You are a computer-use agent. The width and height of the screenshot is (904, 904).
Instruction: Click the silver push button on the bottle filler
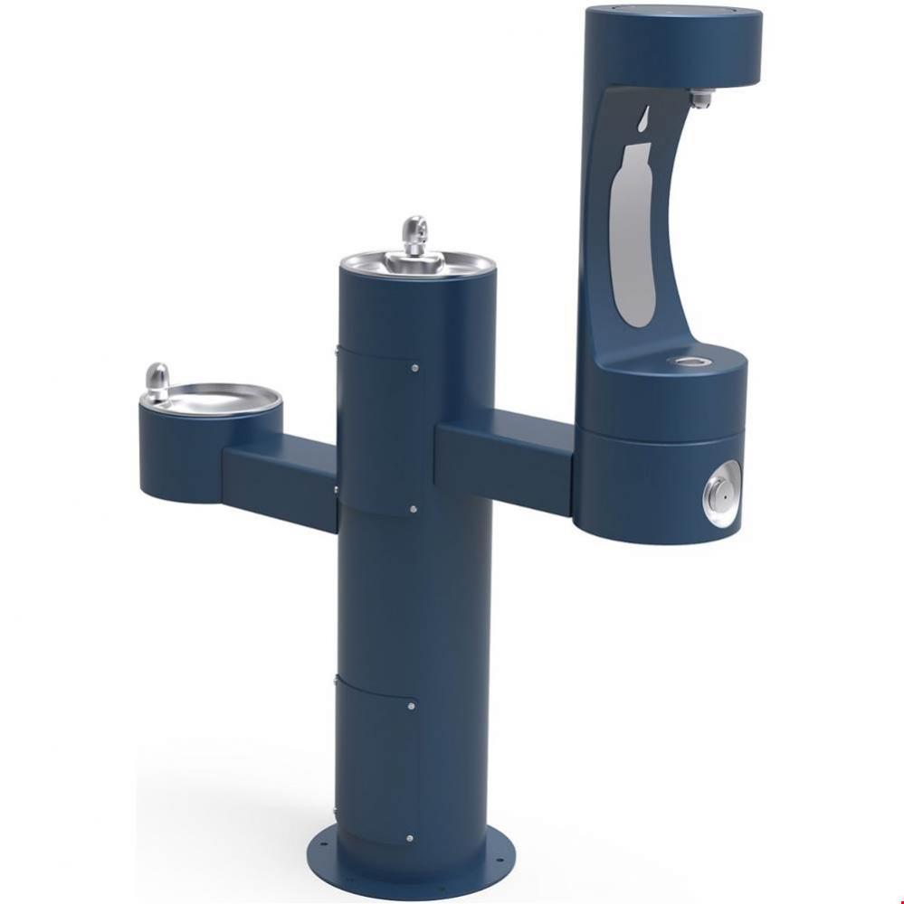720,494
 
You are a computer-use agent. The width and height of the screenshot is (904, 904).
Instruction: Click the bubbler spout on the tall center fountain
414,236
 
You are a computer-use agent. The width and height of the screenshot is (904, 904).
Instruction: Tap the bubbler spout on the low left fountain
157,380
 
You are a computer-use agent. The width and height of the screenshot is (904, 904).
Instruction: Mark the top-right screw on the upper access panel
414,368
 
